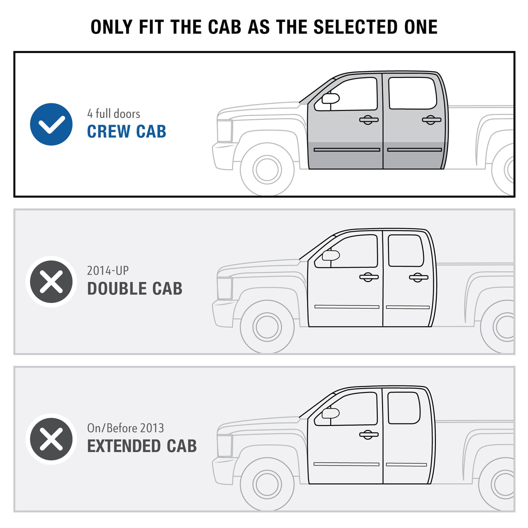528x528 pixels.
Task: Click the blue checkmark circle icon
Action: pyautogui.click(x=51, y=124)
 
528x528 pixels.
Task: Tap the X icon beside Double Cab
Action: pyautogui.click(x=51, y=281)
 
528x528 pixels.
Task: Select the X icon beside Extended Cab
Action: pyautogui.click(x=51, y=439)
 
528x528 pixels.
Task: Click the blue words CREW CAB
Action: pyautogui.click(x=126, y=131)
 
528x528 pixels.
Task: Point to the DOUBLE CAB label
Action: pyautogui.click(x=135, y=288)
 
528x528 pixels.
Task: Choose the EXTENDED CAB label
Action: pyautogui.click(x=142, y=446)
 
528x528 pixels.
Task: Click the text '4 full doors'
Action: pyautogui.click(x=114, y=114)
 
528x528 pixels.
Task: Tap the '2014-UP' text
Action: pyautogui.click(x=108, y=271)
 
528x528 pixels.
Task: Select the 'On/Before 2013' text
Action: pyautogui.click(x=125, y=428)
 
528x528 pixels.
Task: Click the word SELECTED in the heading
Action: pyautogui.click(x=356, y=27)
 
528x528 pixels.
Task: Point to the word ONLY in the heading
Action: pyautogui.click(x=112, y=27)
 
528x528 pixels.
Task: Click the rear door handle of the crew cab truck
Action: pyautogui.click(x=431, y=120)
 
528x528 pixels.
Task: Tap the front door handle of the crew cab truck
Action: pyautogui.click(x=369, y=120)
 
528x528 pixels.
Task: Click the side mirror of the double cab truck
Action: pyautogui.click(x=331, y=255)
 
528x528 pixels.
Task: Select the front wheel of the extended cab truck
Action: pyautogui.click(x=267, y=484)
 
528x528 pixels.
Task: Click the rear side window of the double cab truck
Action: pyautogui.click(x=406, y=250)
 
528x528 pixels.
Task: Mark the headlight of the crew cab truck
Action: pyautogui.click(x=225, y=131)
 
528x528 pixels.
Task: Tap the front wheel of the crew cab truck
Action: pyautogui.click(x=267, y=169)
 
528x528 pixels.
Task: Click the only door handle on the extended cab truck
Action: pyautogui.click(x=369, y=435)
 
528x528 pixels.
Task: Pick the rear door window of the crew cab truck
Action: pyautogui.click(x=412, y=93)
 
